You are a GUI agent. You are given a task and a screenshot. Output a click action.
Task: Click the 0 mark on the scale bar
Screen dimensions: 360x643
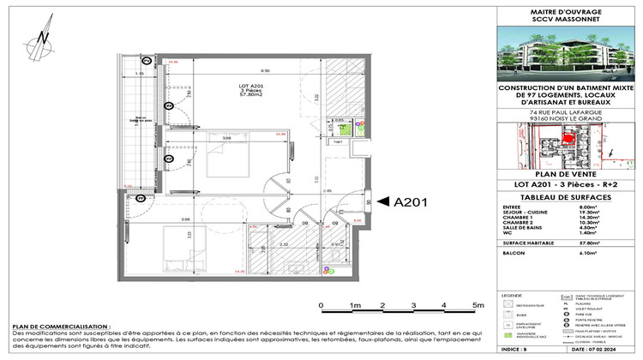320,304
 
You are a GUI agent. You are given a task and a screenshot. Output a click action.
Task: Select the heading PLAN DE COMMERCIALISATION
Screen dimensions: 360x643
61,327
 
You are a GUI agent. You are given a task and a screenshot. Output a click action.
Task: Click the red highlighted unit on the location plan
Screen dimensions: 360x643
568,141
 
